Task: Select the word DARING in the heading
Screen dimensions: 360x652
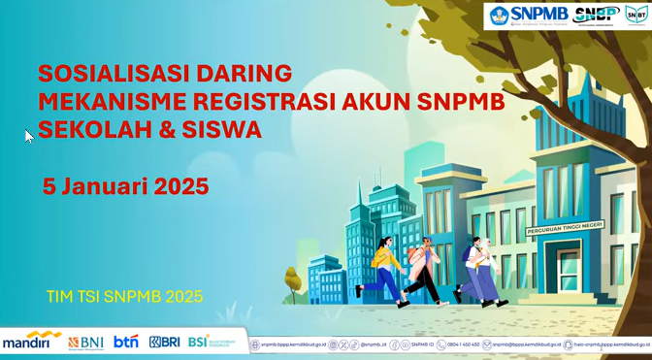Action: (x=234, y=74)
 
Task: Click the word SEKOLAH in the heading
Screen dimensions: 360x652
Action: (x=100, y=129)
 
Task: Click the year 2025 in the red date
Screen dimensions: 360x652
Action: (x=181, y=186)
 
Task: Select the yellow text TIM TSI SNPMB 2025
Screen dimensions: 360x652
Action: (x=124, y=296)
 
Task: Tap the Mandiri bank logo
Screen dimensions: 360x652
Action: (x=31, y=341)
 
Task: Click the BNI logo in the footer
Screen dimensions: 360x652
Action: (x=85, y=342)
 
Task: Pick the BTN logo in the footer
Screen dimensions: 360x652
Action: (x=126, y=342)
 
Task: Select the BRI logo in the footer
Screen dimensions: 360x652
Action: (x=164, y=342)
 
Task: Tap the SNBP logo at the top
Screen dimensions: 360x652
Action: (x=597, y=15)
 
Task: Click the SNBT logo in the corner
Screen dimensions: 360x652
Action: (x=636, y=15)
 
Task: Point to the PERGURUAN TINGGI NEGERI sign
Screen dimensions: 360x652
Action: (x=564, y=229)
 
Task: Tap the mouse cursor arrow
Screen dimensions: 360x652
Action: (x=29, y=137)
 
